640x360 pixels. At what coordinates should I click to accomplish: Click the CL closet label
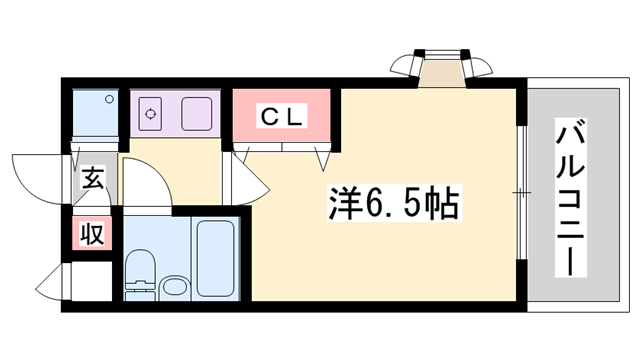pyautogui.click(x=282, y=116)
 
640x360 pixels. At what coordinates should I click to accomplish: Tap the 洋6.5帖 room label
pyautogui.click(x=395, y=203)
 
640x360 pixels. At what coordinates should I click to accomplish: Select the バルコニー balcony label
pyautogui.click(x=571, y=198)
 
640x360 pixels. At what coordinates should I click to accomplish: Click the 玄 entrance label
pyautogui.click(x=93, y=178)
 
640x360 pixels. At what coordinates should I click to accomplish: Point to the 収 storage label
pyautogui.click(x=92, y=233)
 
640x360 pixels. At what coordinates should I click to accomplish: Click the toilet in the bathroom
pyautogui.click(x=140, y=275)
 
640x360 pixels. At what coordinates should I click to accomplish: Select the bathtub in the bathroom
pyautogui.click(x=215, y=258)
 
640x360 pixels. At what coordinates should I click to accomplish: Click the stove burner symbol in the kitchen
pyautogui.click(x=150, y=113)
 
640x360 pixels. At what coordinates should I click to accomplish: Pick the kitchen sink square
pyautogui.click(x=196, y=113)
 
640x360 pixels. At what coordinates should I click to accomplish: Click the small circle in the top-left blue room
pyautogui.click(x=109, y=99)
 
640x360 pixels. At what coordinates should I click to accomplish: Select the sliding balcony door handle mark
pyautogui.click(x=522, y=192)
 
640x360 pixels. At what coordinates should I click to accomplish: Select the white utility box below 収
pyautogui.click(x=92, y=281)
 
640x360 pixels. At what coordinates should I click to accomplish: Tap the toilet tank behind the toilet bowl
pyautogui.click(x=140, y=296)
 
